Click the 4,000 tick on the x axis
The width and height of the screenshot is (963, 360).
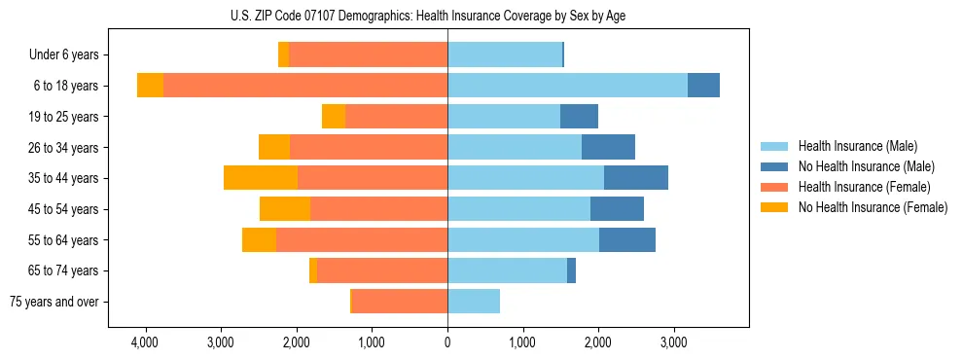click(x=144, y=342)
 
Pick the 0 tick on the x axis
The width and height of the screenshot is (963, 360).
click(x=447, y=342)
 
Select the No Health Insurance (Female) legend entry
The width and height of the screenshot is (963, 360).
click(x=873, y=207)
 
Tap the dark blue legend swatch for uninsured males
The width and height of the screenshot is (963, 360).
click(x=774, y=166)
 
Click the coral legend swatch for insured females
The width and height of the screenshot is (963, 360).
click(x=774, y=187)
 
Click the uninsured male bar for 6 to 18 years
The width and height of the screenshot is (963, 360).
click(x=703, y=86)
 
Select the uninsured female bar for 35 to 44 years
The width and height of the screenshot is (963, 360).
click(x=261, y=178)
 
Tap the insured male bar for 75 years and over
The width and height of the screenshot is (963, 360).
click(x=474, y=302)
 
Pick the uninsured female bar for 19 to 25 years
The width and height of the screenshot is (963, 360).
click(x=334, y=117)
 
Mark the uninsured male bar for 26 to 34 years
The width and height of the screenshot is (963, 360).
click(x=608, y=147)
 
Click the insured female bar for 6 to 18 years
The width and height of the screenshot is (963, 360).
click(x=305, y=86)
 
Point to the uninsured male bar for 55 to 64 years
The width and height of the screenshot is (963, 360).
click(x=627, y=239)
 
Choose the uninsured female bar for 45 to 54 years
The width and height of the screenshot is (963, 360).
click(x=285, y=209)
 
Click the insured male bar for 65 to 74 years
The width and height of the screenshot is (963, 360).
click(x=507, y=270)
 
